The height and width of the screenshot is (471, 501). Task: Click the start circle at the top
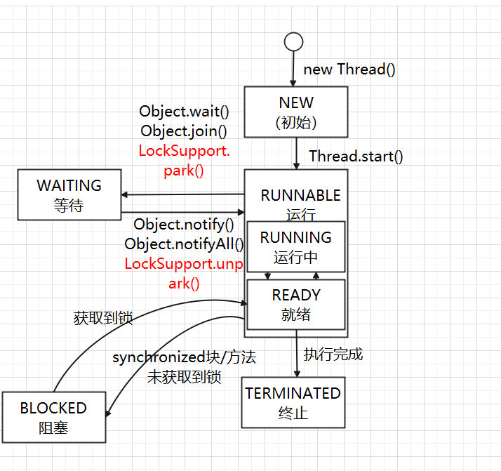coord(293,42)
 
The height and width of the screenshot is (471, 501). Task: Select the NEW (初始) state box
coord(296,112)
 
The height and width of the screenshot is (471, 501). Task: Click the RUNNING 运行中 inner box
coord(295,247)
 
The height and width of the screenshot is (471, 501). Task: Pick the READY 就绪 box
coord(295,305)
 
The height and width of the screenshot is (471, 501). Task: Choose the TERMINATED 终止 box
coord(293,402)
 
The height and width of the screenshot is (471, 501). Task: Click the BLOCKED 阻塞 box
coord(53,417)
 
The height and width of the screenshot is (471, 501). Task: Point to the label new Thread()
coord(349,69)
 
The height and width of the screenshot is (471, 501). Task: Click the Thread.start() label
coord(356,156)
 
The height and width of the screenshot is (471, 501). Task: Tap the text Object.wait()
coord(184,111)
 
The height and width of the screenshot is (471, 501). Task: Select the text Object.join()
coord(184,131)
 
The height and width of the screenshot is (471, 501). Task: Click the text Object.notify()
coord(184,225)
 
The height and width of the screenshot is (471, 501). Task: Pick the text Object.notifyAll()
coord(184,244)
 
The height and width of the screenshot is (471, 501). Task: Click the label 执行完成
coord(333,354)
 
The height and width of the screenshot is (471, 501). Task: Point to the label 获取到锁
coord(103,318)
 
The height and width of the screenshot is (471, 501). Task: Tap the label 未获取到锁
coord(184,377)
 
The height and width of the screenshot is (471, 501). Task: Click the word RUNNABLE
coord(300,196)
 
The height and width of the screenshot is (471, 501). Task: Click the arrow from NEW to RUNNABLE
coord(295,153)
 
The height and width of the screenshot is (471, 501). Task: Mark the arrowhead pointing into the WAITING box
coord(125,195)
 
